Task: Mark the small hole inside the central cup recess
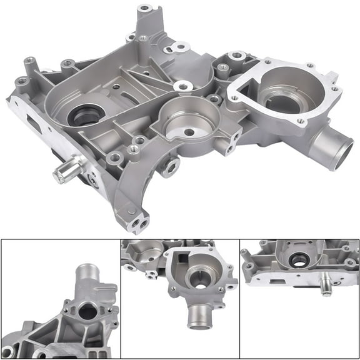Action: pyautogui.click(x=187, y=132)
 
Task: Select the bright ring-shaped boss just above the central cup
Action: pyautogui.click(x=183, y=86)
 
